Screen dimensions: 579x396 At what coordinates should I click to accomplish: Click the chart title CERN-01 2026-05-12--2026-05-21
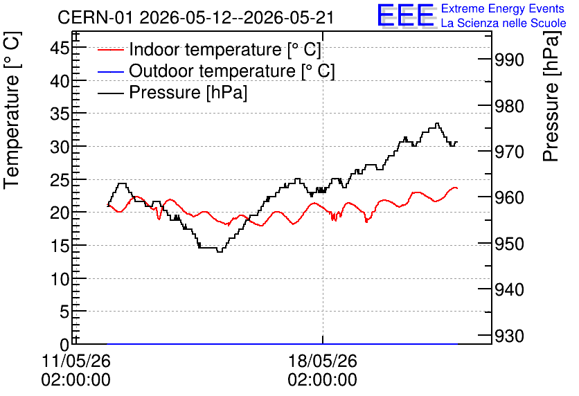(x=196, y=17)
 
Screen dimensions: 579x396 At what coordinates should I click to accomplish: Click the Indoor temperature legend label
(x=225, y=49)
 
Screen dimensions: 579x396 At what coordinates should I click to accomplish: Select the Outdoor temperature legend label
(x=232, y=71)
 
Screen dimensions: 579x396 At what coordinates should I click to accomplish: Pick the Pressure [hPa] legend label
(x=188, y=92)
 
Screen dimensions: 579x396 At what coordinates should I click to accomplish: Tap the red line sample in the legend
(x=110, y=50)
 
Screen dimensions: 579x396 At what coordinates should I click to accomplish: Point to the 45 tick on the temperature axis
(x=60, y=48)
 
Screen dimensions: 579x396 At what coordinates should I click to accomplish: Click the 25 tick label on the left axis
(x=60, y=180)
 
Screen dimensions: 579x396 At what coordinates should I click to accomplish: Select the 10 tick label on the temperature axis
(x=60, y=279)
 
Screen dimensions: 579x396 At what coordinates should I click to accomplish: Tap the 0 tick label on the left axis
(x=64, y=345)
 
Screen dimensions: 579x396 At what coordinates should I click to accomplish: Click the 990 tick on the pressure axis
(x=509, y=60)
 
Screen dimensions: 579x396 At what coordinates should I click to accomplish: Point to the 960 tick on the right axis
(x=509, y=198)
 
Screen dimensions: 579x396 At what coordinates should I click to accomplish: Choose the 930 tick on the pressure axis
(x=509, y=336)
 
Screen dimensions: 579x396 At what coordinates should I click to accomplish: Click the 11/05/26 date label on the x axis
(x=76, y=361)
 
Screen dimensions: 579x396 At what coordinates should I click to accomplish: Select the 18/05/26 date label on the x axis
(x=323, y=361)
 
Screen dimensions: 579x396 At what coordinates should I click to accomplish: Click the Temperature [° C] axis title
(x=12, y=111)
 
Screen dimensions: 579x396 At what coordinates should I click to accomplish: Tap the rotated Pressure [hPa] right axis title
(x=551, y=97)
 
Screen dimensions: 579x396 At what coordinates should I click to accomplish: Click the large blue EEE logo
(x=406, y=15)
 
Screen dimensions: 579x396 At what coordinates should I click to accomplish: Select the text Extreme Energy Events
(x=503, y=8)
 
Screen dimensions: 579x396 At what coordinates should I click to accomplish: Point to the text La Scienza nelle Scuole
(x=504, y=23)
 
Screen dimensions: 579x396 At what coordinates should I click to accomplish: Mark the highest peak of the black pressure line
(x=437, y=123)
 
